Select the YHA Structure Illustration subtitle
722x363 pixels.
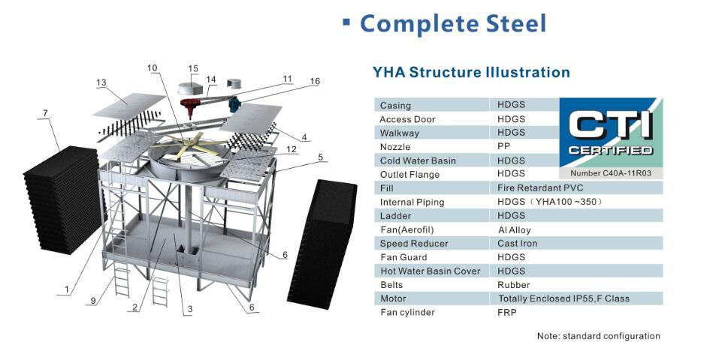pyautogui.click(x=471, y=73)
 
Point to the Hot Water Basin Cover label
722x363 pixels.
pyautogui.click(x=430, y=271)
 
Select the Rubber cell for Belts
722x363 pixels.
pyautogui.click(x=513, y=285)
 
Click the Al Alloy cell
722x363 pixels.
pyautogui.click(x=514, y=230)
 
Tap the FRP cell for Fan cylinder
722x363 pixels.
pyautogui.click(x=507, y=313)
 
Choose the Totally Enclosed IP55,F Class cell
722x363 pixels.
pyautogui.click(x=563, y=298)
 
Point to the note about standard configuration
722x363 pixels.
pyautogui.click(x=598, y=336)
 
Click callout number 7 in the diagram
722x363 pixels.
pyautogui.click(x=45, y=113)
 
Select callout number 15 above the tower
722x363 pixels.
pyautogui.click(x=193, y=69)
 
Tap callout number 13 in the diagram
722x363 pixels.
pyautogui.click(x=101, y=82)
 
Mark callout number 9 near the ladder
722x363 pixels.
pyautogui.click(x=92, y=301)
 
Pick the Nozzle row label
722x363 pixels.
pyautogui.click(x=395, y=147)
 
